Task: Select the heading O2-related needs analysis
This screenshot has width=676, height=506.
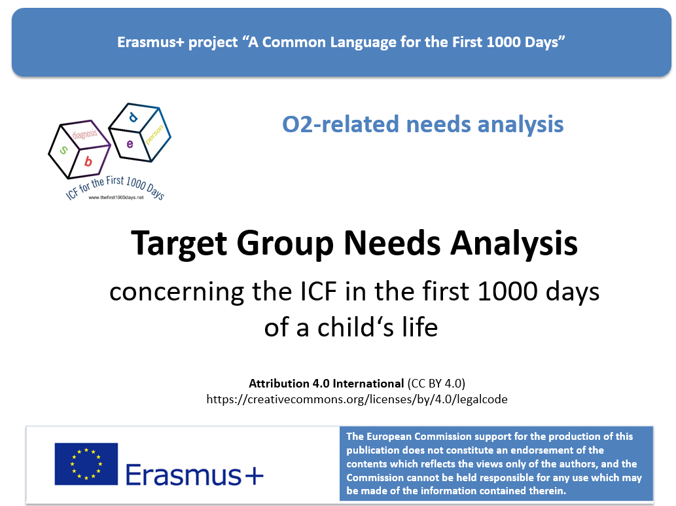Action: [423, 124]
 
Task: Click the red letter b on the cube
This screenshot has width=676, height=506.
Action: [88, 161]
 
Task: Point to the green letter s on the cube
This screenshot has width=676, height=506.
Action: [63, 150]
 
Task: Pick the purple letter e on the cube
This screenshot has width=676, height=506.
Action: [130, 143]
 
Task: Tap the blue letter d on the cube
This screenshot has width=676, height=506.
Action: [133, 117]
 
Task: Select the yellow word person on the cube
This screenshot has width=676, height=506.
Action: [155, 134]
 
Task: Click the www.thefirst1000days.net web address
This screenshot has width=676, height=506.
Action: [116, 197]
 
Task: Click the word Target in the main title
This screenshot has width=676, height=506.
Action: [179, 244]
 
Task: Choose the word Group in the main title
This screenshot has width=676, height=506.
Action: [285, 244]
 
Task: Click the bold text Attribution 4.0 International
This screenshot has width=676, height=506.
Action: [327, 384]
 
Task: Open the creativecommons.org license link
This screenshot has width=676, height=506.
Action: [357, 399]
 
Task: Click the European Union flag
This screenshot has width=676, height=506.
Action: [86, 464]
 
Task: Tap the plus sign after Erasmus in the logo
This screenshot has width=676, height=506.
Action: [254, 477]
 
